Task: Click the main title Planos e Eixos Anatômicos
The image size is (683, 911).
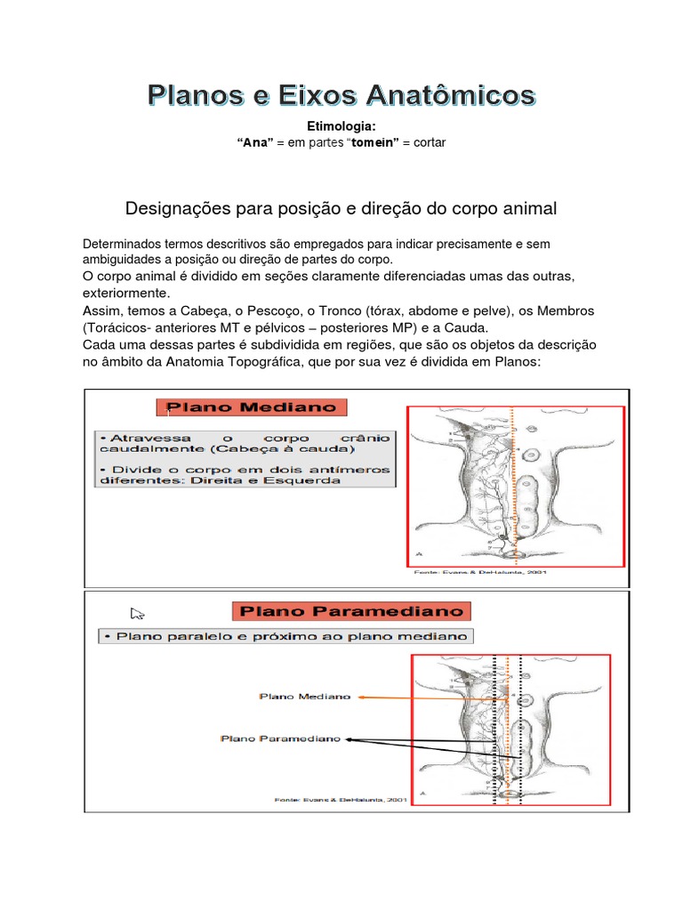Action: pos(341,95)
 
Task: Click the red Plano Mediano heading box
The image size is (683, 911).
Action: pos(252,408)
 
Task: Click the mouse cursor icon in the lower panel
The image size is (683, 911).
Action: pos(137,613)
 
